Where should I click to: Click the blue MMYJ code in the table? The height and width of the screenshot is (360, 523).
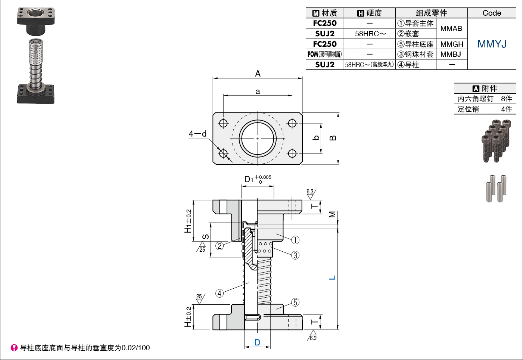pyautogui.click(x=492, y=44)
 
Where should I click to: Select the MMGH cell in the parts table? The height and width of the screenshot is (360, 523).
pyautogui.click(x=452, y=44)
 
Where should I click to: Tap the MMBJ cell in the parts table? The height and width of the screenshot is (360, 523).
pyautogui.click(x=451, y=54)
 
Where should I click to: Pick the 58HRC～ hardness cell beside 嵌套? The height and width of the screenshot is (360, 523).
pyautogui.click(x=370, y=34)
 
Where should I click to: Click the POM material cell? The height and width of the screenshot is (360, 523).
pyautogui.click(x=324, y=54)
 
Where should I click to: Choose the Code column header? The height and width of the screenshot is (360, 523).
pyautogui.click(x=492, y=13)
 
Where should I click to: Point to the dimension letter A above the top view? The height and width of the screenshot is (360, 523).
pyautogui.click(x=258, y=74)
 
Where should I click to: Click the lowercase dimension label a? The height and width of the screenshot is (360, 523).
pyautogui.click(x=258, y=91)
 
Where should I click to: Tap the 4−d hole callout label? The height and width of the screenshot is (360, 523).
pyautogui.click(x=197, y=134)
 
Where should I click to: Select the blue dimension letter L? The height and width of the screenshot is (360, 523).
pyautogui.click(x=332, y=277)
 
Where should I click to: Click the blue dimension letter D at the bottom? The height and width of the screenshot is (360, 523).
pyautogui.click(x=257, y=342)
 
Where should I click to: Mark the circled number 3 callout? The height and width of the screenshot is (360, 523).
pyautogui.click(x=295, y=255)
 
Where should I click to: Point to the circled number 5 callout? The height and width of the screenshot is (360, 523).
pyautogui.click(x=295, y=302)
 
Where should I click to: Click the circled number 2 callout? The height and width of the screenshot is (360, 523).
pyautogui.click(x=220, y=246)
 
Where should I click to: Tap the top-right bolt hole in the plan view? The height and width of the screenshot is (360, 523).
pyautogui.click(x=292, y=123)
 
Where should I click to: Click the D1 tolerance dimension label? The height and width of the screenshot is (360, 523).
pyautogui.click(x=258, y=179)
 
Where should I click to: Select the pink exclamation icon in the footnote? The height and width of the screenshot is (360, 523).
pyautogui.click(x=14, y=348)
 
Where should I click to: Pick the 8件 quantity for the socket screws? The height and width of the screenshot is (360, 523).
pyautogui.click(x=507, y=99)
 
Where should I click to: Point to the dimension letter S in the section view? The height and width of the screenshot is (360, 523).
pyautogui.click(x=205, y=237)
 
